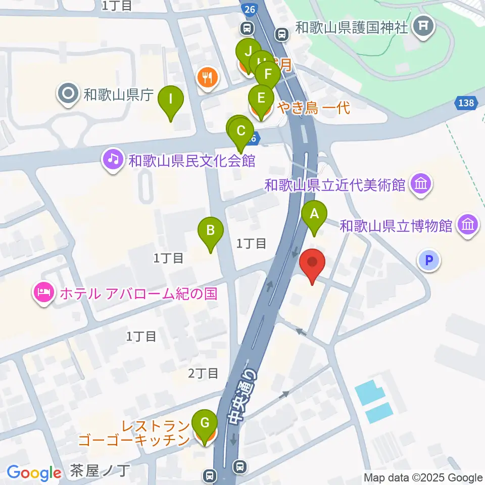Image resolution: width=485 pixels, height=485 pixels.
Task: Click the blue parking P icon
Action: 429,261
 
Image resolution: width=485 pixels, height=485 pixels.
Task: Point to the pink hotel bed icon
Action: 44,293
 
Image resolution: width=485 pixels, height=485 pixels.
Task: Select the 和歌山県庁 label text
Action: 118,94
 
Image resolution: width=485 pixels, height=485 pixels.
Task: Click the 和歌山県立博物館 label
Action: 396,225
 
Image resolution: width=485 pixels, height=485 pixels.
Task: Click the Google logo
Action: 34,473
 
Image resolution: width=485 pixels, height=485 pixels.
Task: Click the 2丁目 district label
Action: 203,373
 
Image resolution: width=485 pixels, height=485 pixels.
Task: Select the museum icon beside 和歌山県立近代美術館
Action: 421,184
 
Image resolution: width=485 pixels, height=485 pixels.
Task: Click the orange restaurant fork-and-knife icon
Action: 207,77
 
